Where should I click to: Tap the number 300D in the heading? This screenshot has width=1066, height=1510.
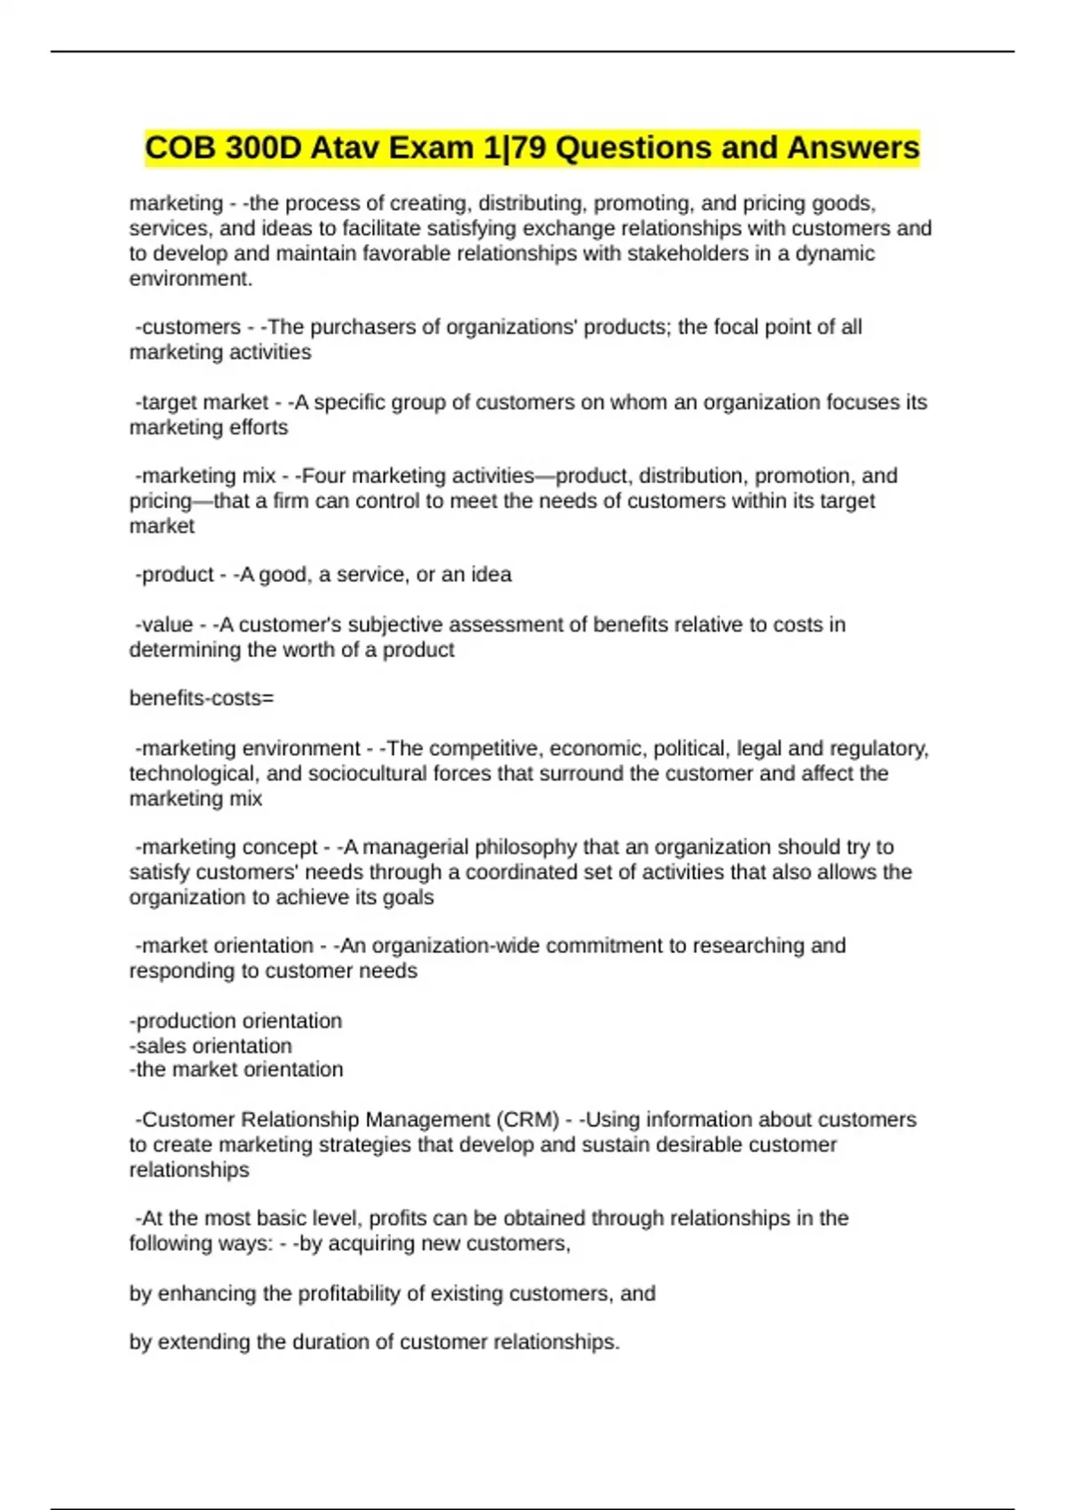click(x=263, y=147)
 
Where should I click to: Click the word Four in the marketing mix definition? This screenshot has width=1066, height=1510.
click(x=324, y=476)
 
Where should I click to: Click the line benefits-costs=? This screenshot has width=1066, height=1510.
click(x=202, y=699)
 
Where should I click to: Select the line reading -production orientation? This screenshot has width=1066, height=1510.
click(x=236, y=1021)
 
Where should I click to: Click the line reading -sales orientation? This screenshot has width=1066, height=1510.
click(x=211, y=1046)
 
